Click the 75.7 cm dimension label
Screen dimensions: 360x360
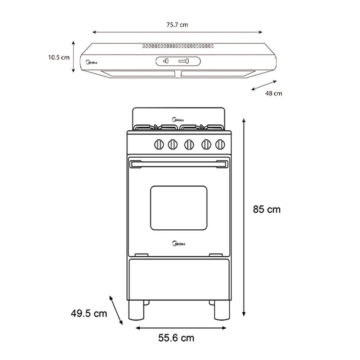pyautogui.click(x=177, y=25)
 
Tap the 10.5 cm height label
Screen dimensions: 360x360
pyautogui.click(x=59, y=57)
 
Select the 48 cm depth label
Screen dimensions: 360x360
pyautogui.click(x=274, y=93)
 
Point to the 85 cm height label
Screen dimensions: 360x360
pyautogui.click(x=267, y=210)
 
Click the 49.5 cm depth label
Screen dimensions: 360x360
pyautogui.click(x=89, y=314)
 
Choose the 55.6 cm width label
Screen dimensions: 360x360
pyautogui.click(x=176, y=338)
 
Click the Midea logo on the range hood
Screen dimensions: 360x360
pyautogui.click(x=91, y=62)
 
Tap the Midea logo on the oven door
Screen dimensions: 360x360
pyautogui.click(x=179, y=244)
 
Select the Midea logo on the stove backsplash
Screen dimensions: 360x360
pyautogui.click(x=178, y=120)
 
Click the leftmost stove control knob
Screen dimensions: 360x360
pyautogui.click(x=159, y=145)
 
